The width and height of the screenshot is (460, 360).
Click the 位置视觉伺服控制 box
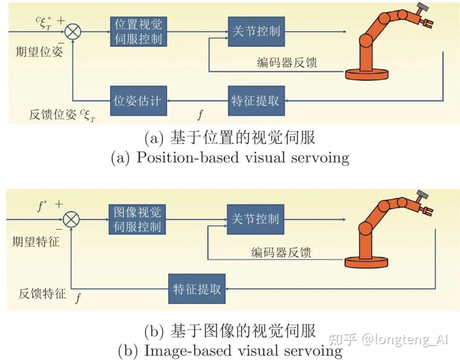[138, 31]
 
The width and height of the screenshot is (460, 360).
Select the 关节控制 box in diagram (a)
[256, 31]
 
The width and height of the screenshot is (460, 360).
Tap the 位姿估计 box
[138, 101]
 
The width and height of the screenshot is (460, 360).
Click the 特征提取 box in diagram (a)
[256, 101]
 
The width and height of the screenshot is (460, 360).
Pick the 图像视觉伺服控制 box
[137, 219]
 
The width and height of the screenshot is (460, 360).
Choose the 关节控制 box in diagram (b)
[255, 219]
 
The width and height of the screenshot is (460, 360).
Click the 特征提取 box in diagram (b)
[197, 288]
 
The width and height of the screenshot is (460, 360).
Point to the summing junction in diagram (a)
[73, 32]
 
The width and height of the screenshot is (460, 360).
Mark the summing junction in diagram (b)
[71, 220]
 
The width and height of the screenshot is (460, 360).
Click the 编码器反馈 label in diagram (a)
[287, 63]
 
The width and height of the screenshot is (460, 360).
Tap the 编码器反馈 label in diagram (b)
[281, 252]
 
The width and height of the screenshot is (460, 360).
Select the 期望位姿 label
[39, 52]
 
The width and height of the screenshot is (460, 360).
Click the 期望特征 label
[36, 242]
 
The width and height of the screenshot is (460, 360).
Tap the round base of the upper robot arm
[367, 75]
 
